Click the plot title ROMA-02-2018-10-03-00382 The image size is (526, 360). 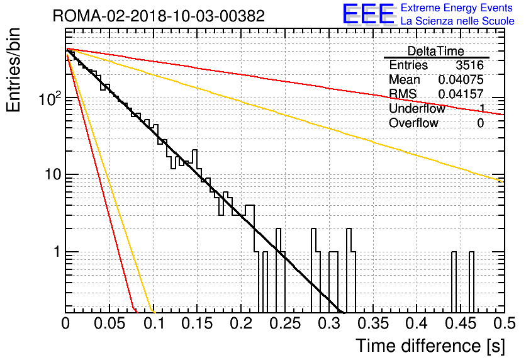[x=159, y=16]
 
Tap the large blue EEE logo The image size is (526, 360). [x=369, y=14]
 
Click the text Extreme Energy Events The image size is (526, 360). [x=457, y=8]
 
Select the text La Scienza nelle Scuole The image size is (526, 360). [x=457, y=21]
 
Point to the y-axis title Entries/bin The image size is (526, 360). [x=14, y=70]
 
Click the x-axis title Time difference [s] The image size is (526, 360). [x=430, y=346]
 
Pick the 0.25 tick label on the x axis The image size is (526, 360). [x=285, y=323]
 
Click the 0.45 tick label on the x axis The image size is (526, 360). [x=461, y=323]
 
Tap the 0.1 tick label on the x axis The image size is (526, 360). [x=154, y=323]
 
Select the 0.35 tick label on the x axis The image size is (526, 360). [x=373, y=323]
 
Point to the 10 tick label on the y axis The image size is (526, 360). [x=53, y=174]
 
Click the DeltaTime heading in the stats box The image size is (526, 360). [x=436, y=51]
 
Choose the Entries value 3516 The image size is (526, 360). [x=469, y=65]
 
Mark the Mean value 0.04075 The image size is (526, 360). [x=461, y=79]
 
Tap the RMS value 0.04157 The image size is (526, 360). [x=461, y=94]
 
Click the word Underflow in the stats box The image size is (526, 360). [x=417, y=108]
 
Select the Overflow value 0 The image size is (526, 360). [x=480, y=123]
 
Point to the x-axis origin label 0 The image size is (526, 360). [x=65, y=323]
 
